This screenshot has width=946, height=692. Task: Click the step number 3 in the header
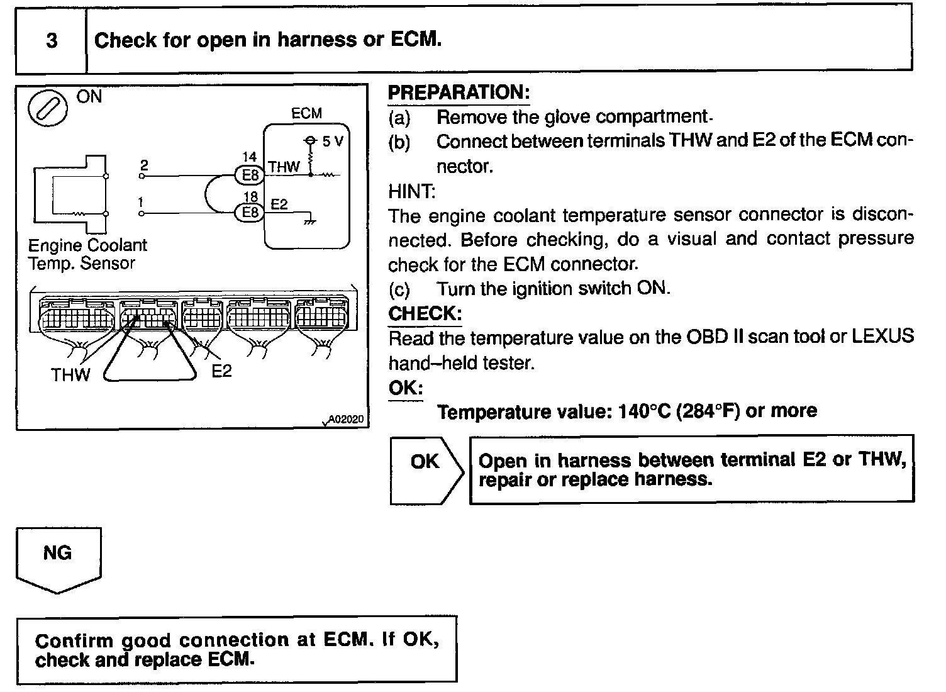point(52,41)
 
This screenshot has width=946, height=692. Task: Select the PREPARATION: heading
point(459,92)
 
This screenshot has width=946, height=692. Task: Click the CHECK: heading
point(425,313)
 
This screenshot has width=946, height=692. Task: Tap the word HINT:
point(412,191)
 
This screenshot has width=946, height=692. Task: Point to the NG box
point(57,554)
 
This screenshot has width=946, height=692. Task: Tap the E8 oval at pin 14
point(250,175)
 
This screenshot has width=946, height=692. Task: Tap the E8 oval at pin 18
point(250,213)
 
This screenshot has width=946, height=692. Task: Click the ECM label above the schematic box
point(306,114)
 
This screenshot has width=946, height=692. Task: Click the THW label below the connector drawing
point(70,375)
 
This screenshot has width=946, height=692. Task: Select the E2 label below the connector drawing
point(221,371)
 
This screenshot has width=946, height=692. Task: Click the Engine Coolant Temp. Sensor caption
point(87,254)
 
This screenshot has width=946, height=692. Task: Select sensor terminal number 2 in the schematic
point(144,165)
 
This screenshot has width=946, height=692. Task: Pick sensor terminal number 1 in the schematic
point(141,203)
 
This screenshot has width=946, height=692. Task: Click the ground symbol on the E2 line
point(308,221)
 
